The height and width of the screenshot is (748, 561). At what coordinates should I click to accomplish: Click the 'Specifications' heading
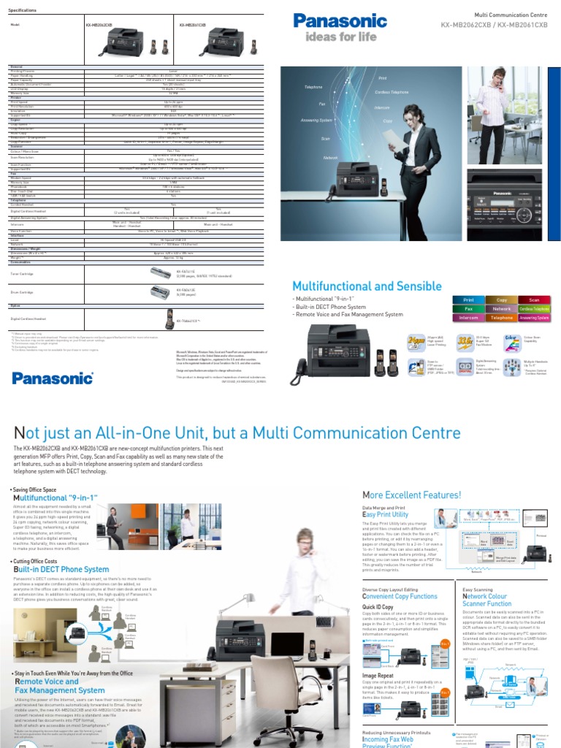click(23, 9)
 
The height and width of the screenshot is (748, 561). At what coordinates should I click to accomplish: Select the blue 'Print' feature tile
click(470, 299)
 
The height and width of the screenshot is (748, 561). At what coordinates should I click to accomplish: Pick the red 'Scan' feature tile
click(534, 299)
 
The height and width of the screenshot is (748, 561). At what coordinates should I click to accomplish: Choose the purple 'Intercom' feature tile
click(470, 318)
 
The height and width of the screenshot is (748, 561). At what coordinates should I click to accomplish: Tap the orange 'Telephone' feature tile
click(502, 318)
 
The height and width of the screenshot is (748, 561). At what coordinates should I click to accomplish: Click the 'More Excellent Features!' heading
click(411, 495)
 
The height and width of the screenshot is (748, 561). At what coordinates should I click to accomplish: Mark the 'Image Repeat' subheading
click(377, 676)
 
